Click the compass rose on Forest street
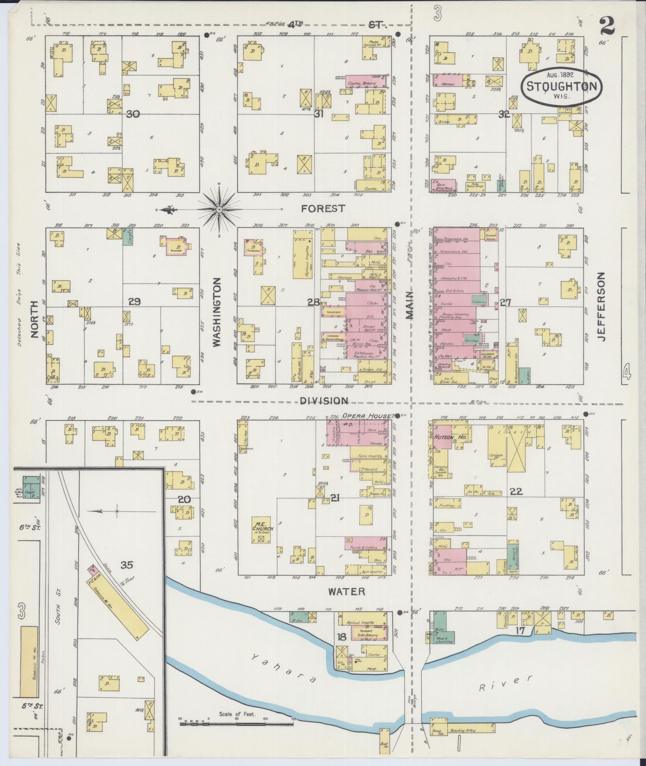(219, 209)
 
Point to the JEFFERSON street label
(601, 306)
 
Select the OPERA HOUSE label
(366, 416)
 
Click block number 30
(133, 114)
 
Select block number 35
(127, 565)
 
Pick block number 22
(516, 491)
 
